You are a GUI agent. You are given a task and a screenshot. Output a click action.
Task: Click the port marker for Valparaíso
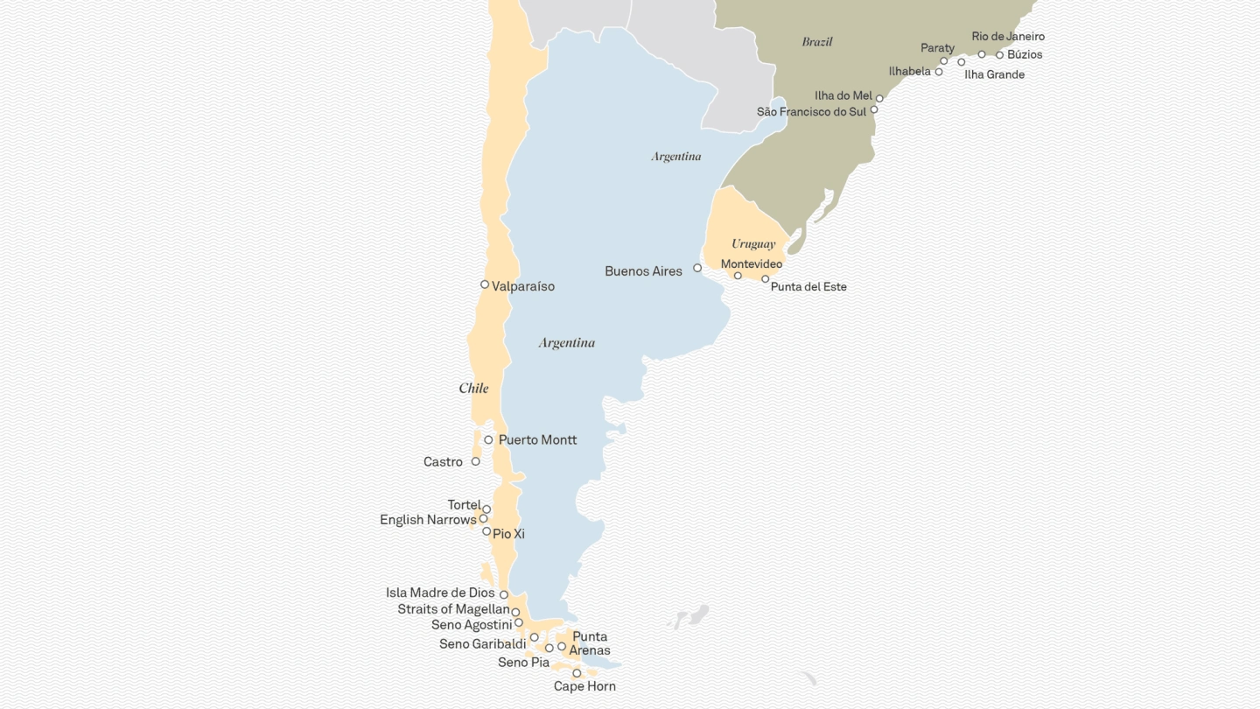(485, 284)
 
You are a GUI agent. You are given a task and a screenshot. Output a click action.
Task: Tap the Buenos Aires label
(643, 271)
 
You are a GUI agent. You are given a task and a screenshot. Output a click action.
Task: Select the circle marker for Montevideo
(738, 276)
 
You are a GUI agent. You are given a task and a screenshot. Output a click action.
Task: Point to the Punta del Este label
(808, 287)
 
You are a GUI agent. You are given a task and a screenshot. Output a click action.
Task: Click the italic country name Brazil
(817, 42)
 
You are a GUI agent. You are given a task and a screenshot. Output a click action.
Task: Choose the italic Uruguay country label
(753, 244)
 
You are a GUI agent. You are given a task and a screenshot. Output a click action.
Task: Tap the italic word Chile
(473, 389)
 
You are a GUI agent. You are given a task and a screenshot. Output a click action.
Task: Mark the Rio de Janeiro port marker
(982, 54)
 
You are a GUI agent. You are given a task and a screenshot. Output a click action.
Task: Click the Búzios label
(1025, 54)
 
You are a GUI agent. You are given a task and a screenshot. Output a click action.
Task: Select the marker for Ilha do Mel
(879, 99)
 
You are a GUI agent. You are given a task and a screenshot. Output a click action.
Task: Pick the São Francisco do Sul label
(811, 112)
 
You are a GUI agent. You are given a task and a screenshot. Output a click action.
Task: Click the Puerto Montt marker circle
(488, 439)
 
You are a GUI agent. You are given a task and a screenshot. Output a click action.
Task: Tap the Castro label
(443, 462)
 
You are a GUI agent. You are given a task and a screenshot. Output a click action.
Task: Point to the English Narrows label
(428, 520)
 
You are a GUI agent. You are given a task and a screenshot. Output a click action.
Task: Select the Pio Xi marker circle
(486, 531)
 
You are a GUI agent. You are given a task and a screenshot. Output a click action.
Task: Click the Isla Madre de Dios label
(440, 593)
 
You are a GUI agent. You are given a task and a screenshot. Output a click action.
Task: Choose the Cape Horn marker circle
(577, 673)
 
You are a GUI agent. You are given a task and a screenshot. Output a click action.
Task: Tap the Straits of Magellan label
(453, 609)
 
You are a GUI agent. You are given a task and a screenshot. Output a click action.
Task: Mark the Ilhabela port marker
(939, 72)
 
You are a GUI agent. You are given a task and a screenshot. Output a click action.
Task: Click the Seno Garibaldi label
(483, 644)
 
